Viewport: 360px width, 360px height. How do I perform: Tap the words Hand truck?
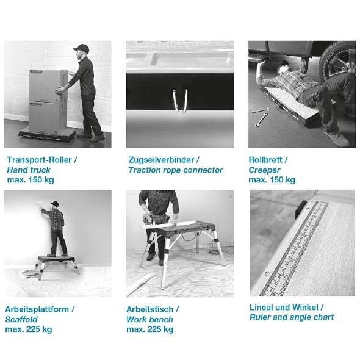(x=29, y=170)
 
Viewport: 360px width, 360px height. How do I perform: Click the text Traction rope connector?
(x=176, y=170)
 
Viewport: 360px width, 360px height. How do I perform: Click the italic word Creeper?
(x=264, y=170)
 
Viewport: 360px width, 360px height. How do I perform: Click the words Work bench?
(x=149, y=319)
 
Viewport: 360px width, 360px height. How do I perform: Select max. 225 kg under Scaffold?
(x=29, y=329)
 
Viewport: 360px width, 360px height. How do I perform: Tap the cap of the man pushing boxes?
(x=81, y=48)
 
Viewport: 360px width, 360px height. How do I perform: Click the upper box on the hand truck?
(x=48, y=85)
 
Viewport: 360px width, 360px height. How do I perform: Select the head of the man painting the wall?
(x=54, y=206)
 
